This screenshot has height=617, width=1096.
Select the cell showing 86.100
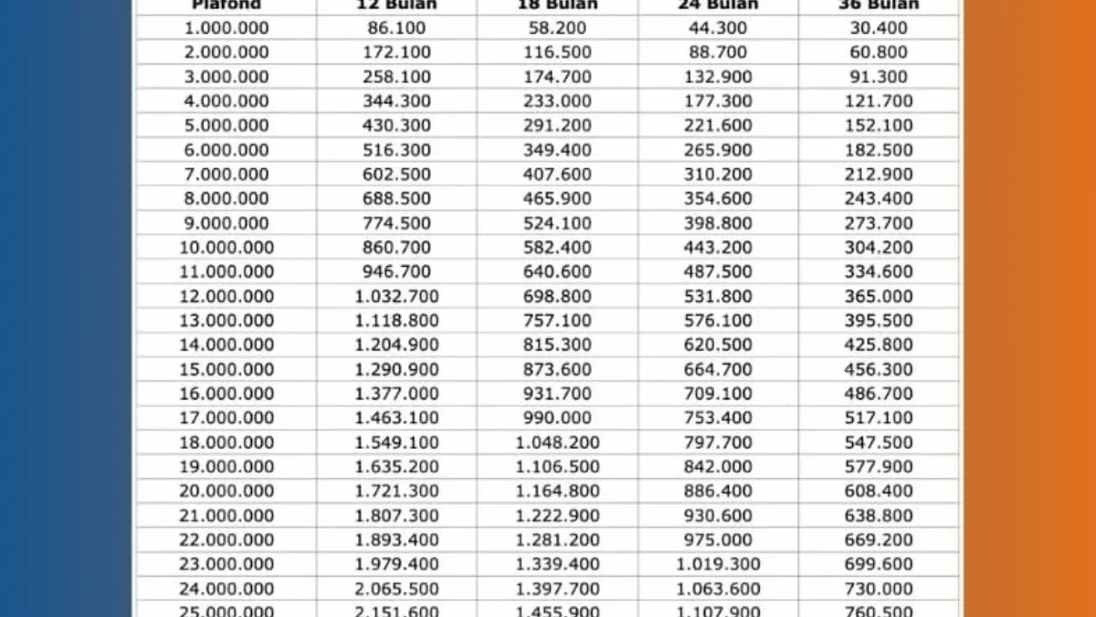[396, 28]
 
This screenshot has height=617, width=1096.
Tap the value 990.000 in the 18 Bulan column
[557, 418]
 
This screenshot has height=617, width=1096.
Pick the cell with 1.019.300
[718, 564]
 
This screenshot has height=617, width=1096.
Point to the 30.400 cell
[879, 28]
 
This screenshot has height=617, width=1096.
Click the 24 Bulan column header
[718, 5]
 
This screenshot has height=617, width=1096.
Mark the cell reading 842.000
[718, 466]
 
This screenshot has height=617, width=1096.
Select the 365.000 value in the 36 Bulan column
[879, 296]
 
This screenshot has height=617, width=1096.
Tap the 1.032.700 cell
[396, 296]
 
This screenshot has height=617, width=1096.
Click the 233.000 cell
[557, 101]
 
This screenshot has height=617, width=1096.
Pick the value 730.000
[879, 589]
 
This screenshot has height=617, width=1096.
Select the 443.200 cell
[718, 247]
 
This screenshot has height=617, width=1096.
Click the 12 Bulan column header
[396, 5]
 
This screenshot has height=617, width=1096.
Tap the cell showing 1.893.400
[396, 539]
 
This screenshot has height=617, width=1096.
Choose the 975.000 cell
[718, 539]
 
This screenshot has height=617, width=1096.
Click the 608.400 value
[879, 491]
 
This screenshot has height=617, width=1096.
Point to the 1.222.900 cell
[557, 516]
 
